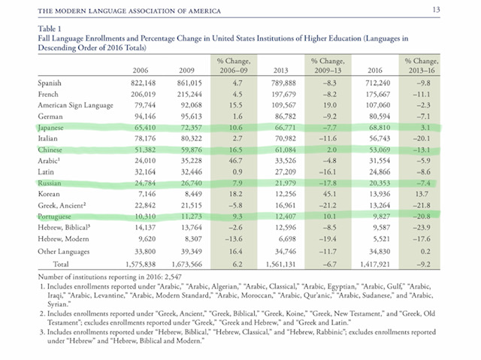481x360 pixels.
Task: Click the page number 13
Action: tap(436, 10)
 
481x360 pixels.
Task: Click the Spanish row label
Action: tap(50, 83)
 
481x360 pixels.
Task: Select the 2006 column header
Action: tap(141, 70)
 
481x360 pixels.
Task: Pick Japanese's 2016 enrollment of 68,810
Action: tap(380, 127)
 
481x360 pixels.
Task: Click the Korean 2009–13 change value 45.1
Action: tap(330, 194)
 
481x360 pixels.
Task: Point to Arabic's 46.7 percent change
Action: tap(235, 161)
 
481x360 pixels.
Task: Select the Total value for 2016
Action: tap(375, 264)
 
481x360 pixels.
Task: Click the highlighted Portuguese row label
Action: tap(54, 216)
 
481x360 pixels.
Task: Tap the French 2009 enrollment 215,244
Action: tap(189, 94)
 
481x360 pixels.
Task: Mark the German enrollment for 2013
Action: tap(283, 116)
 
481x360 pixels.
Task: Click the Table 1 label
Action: tap(50, 29)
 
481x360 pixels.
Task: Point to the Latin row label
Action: tap(46, 171)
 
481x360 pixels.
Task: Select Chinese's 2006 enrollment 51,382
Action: tap(145, 150)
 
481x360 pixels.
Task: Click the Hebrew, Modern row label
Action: tap(63, 239)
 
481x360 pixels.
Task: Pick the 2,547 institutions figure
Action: tap(173, 277)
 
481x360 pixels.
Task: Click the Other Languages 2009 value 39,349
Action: tap(191, 252)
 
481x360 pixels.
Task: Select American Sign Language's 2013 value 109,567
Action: tap(283, 105)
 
